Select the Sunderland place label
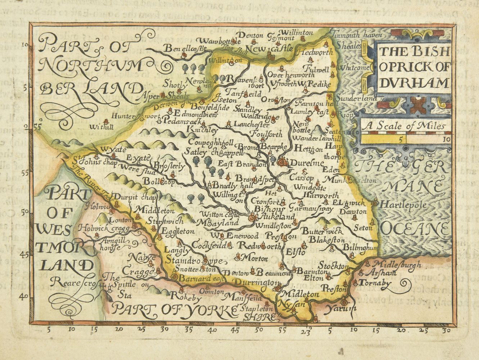(356, 98)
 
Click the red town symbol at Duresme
(283, 162)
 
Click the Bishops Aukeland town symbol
(253, 217)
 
